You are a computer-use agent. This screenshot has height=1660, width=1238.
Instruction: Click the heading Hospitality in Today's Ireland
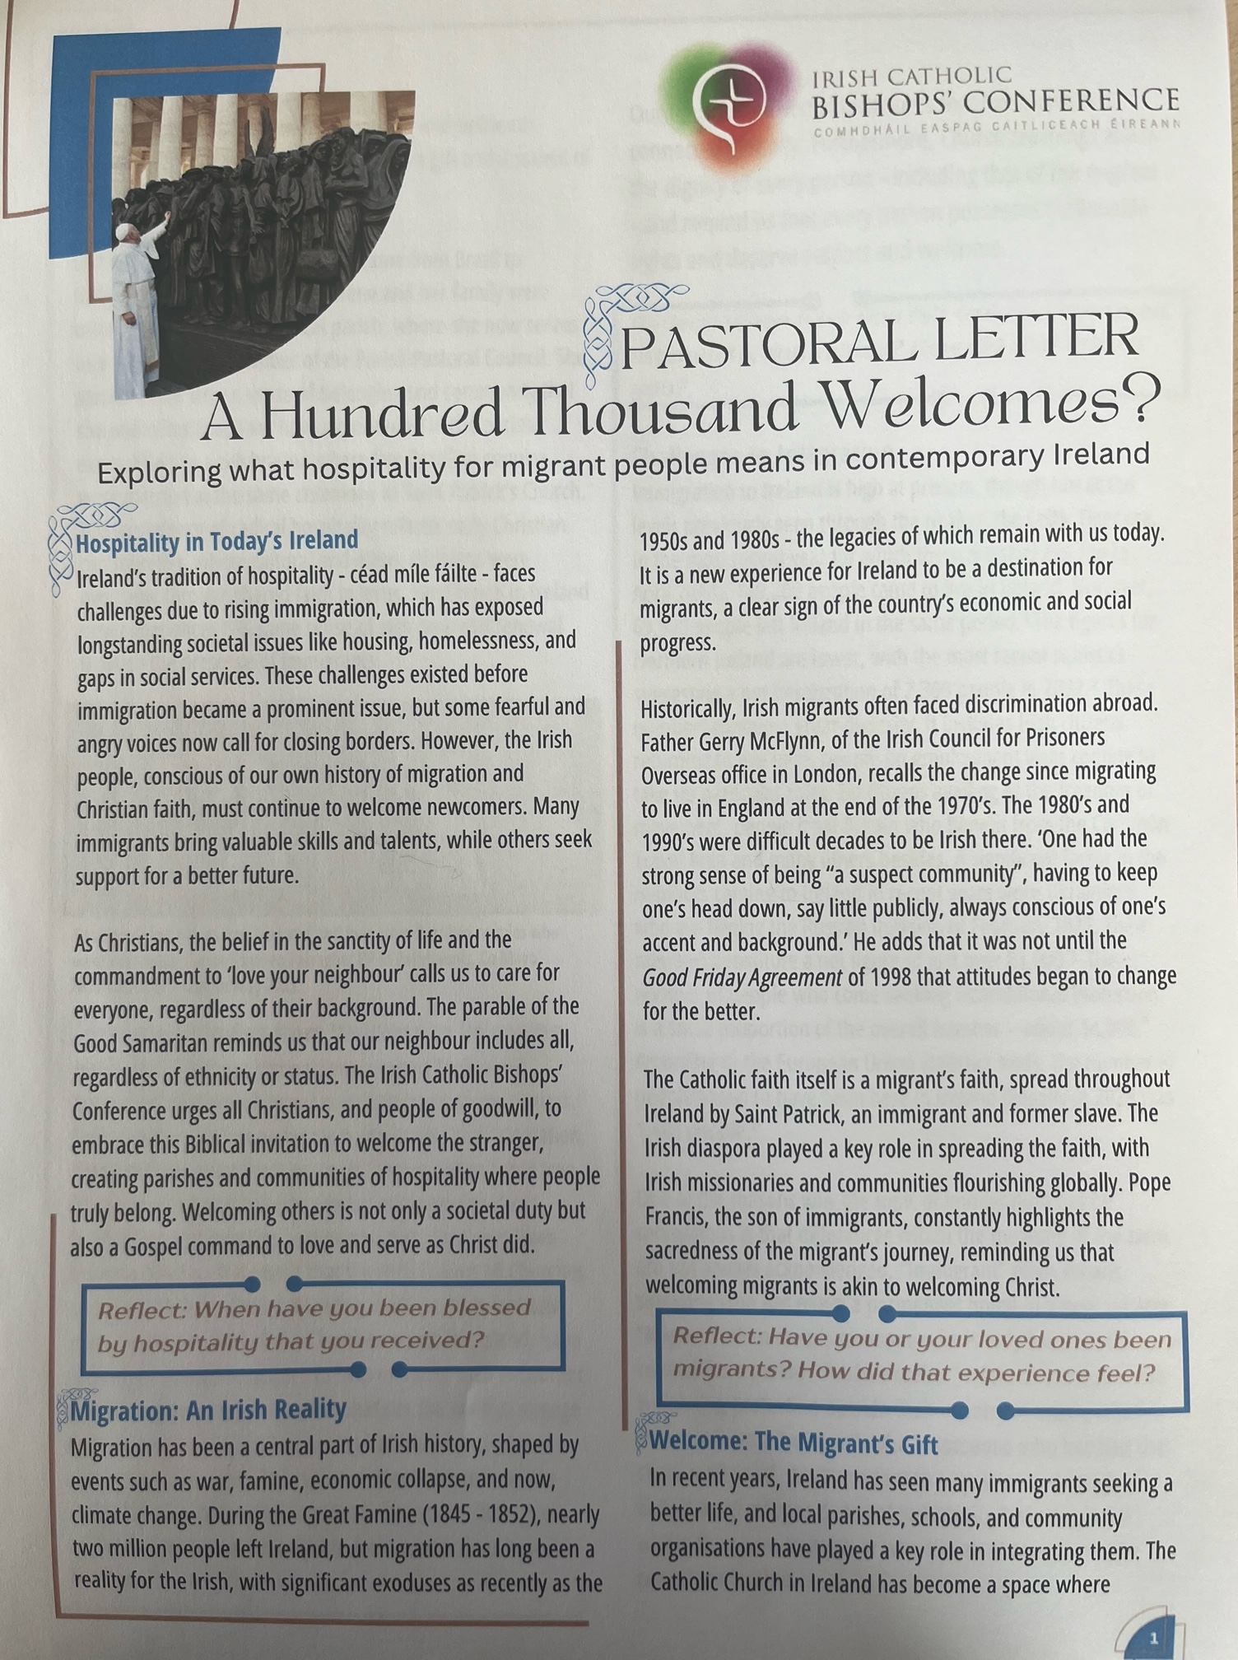(x=217, y=541)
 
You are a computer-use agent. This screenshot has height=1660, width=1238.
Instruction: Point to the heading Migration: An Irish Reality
(x=208, y=1410)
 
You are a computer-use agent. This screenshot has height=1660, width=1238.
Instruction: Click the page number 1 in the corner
(x=1153, y=1638)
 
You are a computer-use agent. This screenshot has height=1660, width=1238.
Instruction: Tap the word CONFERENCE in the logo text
(x=1072, y=101)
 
